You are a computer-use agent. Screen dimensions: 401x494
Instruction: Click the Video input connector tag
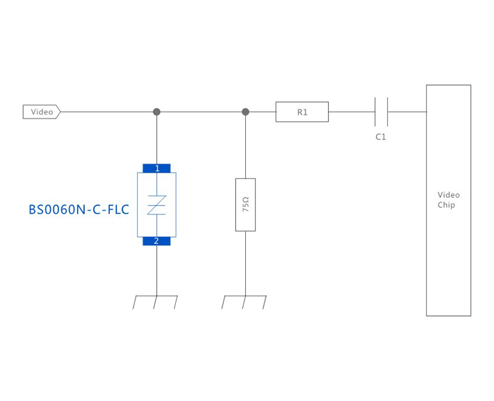tap(41, 112)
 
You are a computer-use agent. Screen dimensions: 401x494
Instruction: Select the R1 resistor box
tap(302, 112)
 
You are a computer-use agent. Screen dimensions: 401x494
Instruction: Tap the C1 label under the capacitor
tap(381, 137)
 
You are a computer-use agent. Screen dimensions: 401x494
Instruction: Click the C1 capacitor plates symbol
tap(381, 112)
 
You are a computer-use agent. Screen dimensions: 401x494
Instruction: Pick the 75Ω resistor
tap(245, 204)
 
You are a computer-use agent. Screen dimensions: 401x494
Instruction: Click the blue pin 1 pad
tap(157, 168)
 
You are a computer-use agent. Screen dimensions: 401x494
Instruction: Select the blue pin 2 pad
tap(157, 241)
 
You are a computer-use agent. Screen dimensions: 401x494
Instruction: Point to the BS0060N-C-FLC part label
tap(79, 210)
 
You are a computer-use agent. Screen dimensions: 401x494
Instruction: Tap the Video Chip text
tap(448, 200)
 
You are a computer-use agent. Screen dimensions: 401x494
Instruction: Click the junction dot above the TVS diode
tap(157, 112)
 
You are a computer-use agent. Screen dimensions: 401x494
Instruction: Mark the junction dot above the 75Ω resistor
tap(245, 112)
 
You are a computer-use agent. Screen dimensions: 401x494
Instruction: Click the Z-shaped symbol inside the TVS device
tap(157, 204)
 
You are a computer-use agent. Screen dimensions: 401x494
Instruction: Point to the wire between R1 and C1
tap(351, 112)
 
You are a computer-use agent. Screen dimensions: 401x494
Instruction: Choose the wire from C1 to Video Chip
tap(407, 112)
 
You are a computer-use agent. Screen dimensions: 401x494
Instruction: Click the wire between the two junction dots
tap(201, 112)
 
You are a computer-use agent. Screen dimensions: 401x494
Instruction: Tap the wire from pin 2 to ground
tap(157, 270)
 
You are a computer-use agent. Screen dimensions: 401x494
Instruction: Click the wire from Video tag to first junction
tap(107, 112)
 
